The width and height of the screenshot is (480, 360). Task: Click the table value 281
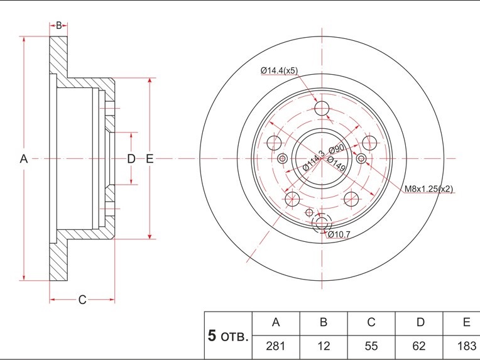click(275, 346)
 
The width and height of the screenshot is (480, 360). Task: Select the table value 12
click(323, 346)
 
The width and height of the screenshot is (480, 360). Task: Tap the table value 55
click(371, 346)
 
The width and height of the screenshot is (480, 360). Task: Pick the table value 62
click(420, 346)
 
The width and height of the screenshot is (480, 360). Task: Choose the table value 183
click(466, 346)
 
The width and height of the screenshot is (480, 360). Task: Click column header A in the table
click(275, 322)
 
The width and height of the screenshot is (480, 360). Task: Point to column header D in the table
click(420, 322)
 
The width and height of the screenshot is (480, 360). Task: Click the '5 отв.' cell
click(227, 335)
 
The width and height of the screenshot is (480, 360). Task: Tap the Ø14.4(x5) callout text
click(279, 71)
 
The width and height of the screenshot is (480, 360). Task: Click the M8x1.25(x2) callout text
click(428, 188)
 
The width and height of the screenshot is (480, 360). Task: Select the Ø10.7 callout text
click(338, 234)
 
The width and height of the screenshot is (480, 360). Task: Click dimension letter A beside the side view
click(23, 159)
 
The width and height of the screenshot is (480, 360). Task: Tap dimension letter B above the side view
click(58, 26)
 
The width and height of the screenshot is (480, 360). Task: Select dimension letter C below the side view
click(82, 300)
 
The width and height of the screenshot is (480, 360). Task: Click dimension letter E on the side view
click(150, 159)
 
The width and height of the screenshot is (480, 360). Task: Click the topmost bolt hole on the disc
click(322, 108)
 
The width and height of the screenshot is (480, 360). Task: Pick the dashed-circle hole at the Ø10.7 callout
click(323, 223)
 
